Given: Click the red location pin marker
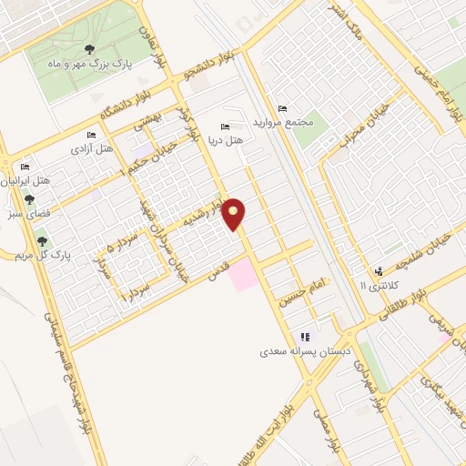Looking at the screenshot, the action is point(235,213).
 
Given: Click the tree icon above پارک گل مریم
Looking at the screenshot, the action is point(42,240).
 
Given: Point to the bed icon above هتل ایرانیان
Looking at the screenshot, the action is point(25,167).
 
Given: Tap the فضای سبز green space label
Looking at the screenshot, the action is point(27,218).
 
